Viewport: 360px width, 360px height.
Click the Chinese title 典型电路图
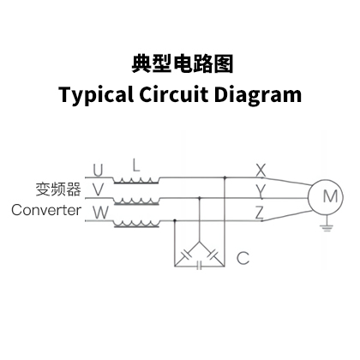click(183, 64)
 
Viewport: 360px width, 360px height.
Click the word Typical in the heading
click(96, 95)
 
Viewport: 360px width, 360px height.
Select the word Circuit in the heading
click(173, 94)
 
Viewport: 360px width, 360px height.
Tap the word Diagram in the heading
click(258, 95)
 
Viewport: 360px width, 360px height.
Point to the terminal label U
click(98, 171)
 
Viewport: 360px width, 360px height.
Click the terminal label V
click(98, 189)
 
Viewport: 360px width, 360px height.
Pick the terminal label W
click(101, 213)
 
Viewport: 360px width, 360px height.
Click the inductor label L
click(136, 165)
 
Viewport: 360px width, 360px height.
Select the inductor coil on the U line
click(136, 181)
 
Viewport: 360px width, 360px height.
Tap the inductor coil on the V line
click(136, 202)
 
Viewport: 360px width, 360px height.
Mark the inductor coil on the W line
click(136, 225)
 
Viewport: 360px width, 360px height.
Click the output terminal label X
click(261, 171)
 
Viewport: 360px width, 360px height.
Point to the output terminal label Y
click(261, 191)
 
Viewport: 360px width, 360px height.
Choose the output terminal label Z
click(260, 213)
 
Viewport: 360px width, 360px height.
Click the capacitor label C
click(243, 258)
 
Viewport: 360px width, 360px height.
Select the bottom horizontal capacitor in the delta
click(200, 266)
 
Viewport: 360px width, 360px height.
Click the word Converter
click(46, 210)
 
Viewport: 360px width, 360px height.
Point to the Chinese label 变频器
click(58, 189)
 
